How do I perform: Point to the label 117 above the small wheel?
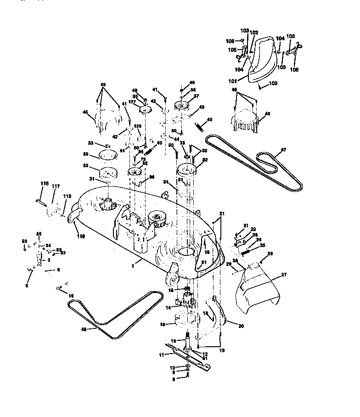(56, 186)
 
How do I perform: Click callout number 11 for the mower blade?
(161, 355)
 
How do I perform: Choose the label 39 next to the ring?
(85, 154)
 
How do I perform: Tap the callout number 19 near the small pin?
(71, 295)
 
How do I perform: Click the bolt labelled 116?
(40, 201)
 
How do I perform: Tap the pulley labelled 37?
(183, 107)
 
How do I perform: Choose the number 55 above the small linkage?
(39, 234)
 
